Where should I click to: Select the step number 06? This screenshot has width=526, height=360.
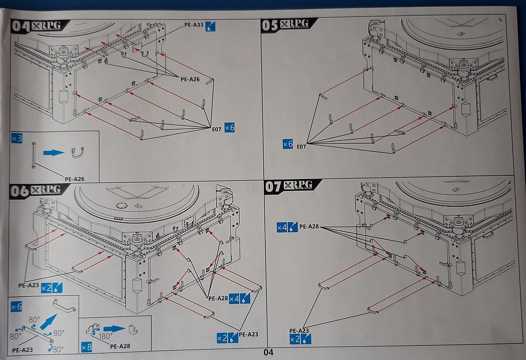(x=19, y=192)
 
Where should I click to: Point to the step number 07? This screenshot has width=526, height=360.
(x=275, y=187)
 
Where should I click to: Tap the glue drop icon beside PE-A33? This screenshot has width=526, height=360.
(x=210, y=26)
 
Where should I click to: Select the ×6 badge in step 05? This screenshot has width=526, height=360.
(x=287, y=143)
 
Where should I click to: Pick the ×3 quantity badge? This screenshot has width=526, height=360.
(x=16, y=139)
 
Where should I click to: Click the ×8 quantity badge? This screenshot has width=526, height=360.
(x=87, y=346)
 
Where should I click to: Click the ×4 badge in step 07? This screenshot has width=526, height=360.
(x=282, y=227)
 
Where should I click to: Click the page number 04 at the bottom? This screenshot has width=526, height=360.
(x=268, y=353)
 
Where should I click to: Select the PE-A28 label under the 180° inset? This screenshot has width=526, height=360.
(x=120, y=346)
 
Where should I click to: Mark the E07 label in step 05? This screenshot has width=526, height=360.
(x=301, y=147)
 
